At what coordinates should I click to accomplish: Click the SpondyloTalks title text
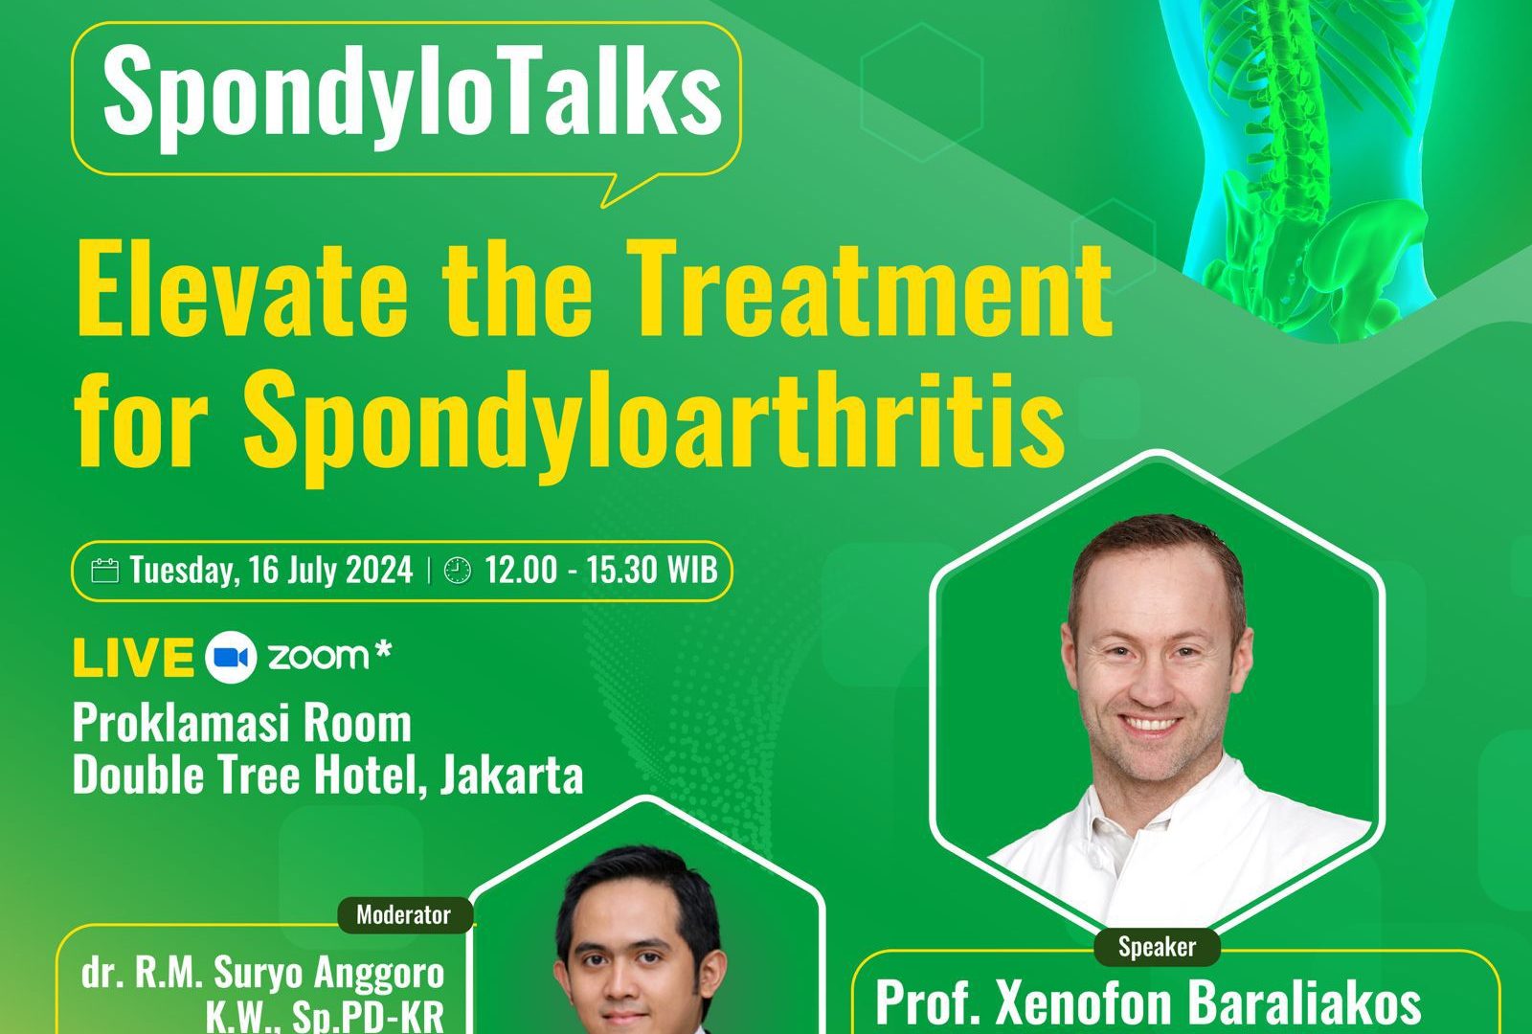click(x=413, y=96)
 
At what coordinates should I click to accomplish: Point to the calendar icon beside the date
click(x=104, y=571)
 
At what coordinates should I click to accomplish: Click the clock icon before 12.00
click(x=458, y=571)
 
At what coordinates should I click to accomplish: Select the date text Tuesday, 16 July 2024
click(x=272, y=571)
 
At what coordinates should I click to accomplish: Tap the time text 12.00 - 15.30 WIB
click(x=601, y=570)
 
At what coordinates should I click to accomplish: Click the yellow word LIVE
click(x=133, y=657)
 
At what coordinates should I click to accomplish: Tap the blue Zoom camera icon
click(x=231, y=657)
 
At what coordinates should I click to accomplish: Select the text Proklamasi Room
click(x=242, y=723)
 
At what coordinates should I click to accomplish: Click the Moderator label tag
click(x=404, y=915)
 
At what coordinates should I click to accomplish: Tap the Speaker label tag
click(x=1158, y=947)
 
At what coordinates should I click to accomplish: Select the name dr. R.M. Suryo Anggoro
click(x=262, y=973)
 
